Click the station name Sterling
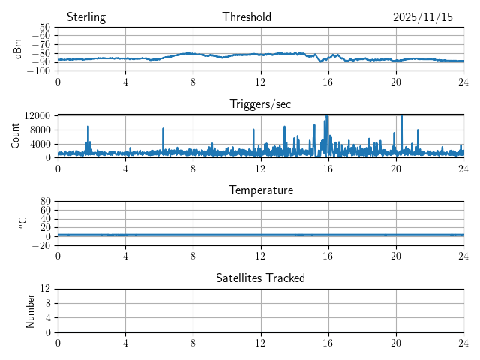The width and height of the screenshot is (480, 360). tap(86, 17)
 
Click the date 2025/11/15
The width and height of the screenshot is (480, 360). tap(423, 17)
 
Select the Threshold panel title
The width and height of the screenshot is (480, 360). tap(247, 17)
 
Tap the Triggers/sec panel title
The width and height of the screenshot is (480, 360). tap(260, 104)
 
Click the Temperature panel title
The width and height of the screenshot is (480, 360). tap(260, 190)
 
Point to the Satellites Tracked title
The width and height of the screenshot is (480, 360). tap(260, 277)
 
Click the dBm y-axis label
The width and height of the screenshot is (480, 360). tap(19, 49)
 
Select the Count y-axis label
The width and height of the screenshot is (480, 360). tap(16, 136)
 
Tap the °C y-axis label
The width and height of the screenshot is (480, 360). tap(22, 223)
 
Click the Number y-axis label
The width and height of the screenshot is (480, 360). tap(31, 310)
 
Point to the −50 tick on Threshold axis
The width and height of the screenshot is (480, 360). tap(40, 28)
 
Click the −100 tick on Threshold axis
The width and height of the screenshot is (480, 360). tap(38, 71)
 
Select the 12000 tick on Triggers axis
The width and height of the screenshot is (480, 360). tap(37, 115)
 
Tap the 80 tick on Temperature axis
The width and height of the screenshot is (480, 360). tap(45, 202)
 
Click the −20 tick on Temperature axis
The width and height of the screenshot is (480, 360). tap(40, 245)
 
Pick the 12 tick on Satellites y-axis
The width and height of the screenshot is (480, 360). tap(45, 289)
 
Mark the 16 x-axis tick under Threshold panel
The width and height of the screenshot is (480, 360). tap(328, 81)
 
